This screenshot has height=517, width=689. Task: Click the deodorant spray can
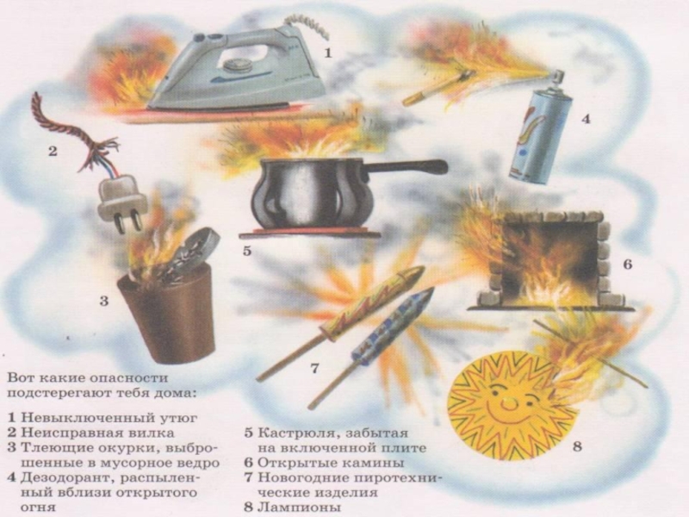(540, 132)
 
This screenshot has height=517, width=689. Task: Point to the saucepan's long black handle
(404, 167)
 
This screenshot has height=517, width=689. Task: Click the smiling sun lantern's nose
(509, 402)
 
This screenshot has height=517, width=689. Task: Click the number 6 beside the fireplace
(628, 265)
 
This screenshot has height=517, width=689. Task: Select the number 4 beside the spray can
(587, 119)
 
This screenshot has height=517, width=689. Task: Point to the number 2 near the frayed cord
(53, 152)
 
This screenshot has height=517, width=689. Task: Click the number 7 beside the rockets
(314, 368)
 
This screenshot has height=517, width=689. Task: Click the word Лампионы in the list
(299, 507)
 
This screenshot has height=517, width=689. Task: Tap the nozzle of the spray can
(557, 76)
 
